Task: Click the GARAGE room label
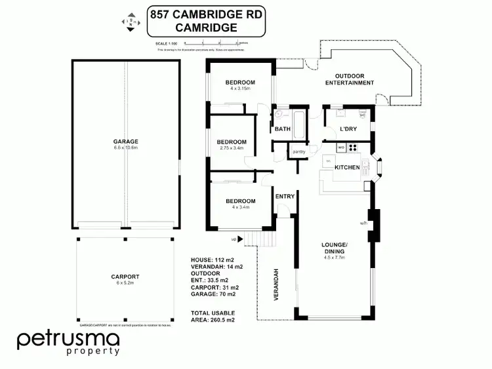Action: click(125, 141)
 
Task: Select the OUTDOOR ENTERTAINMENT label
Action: click(350, 79)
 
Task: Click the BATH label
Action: click(283, 129)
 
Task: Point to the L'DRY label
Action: click(347, 129)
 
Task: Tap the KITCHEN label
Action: click(346, 168)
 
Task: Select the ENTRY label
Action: click(284, 196)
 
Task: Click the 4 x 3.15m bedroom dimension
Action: click(239, 88)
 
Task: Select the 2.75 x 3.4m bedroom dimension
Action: click(231, 148)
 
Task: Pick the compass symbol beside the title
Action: click(129, 22)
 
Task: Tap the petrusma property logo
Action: click(68, 343)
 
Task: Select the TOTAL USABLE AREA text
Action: click(213, 316)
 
